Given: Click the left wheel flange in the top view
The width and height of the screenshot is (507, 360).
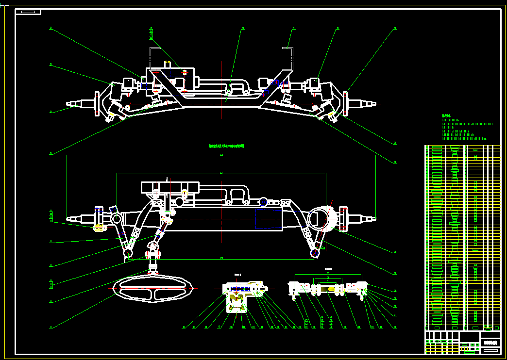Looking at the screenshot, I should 97,104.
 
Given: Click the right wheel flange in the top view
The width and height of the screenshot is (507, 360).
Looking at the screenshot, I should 345,103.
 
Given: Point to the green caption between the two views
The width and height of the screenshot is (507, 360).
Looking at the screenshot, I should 226,146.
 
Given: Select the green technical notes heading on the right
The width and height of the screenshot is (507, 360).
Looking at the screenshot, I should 446,116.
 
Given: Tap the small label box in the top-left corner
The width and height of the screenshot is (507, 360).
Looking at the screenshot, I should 28,12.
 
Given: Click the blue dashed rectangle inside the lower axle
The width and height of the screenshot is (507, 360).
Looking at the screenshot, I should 269,218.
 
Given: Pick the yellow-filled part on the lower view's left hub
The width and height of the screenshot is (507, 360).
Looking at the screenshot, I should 100,227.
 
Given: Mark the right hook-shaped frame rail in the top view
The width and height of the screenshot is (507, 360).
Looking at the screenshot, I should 290,56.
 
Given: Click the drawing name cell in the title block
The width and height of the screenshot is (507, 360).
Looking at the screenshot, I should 490,343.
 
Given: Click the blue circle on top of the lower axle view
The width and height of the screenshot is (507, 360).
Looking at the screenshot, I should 263,201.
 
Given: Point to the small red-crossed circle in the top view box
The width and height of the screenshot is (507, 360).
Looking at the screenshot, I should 185,72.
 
